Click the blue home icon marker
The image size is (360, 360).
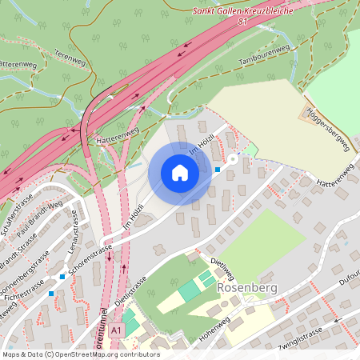tap(180, 173)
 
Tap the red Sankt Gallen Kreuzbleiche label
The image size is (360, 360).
tap(243, 12)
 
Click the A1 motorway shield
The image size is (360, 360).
tap(118, 330)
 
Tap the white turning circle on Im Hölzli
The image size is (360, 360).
tap(233, 159)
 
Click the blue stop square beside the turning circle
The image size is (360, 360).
tap(218, 169)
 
